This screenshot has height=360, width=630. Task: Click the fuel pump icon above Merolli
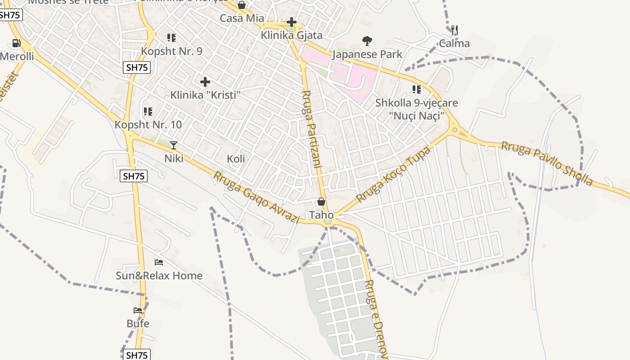pyautogui.click(x=16, y=43)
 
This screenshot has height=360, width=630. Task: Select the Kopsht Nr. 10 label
pyautogui.click(x=148, y=125)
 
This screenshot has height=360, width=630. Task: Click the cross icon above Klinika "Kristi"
pyautogui.click(x=205, y=82)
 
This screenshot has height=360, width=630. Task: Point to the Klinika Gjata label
pyautogui.click(x=292, y=35)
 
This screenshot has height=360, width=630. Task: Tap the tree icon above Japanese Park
pyautogui.click(x=367, y=41)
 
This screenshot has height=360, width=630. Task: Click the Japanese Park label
pyautogui.click(x=367, y=54)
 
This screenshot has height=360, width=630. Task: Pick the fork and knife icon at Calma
pyautogui.click(x=454, y=30)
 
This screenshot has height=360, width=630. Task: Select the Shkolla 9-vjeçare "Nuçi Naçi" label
pyautogui.click(x=417, y=109)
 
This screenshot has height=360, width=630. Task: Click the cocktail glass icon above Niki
pyautogui.click(x=174, y=145)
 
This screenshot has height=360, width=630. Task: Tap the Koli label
pyautogui.click(x=236, y=158)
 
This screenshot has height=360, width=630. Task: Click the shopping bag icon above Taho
pyautogui.click(x=321, y=202)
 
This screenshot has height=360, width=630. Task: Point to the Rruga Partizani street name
pyautogui.click(x=311, y=129)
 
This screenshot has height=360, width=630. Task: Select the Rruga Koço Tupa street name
pyautogui.click(x=393, y=174)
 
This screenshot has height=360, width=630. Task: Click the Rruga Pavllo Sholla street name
pyautogui.click(x=547, y=163)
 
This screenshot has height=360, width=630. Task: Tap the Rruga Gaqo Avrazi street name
pyautogui.click(x=256, y=198)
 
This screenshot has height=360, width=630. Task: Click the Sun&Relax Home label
pyautogui.click(x=159, y=275)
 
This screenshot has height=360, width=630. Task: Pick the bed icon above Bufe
pyautogui.click(x=138, y=310)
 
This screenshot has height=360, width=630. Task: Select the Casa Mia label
pyautogui.click(x=242, y=18)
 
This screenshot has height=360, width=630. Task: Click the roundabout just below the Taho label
pyautogui.click(x=328, y=221)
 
